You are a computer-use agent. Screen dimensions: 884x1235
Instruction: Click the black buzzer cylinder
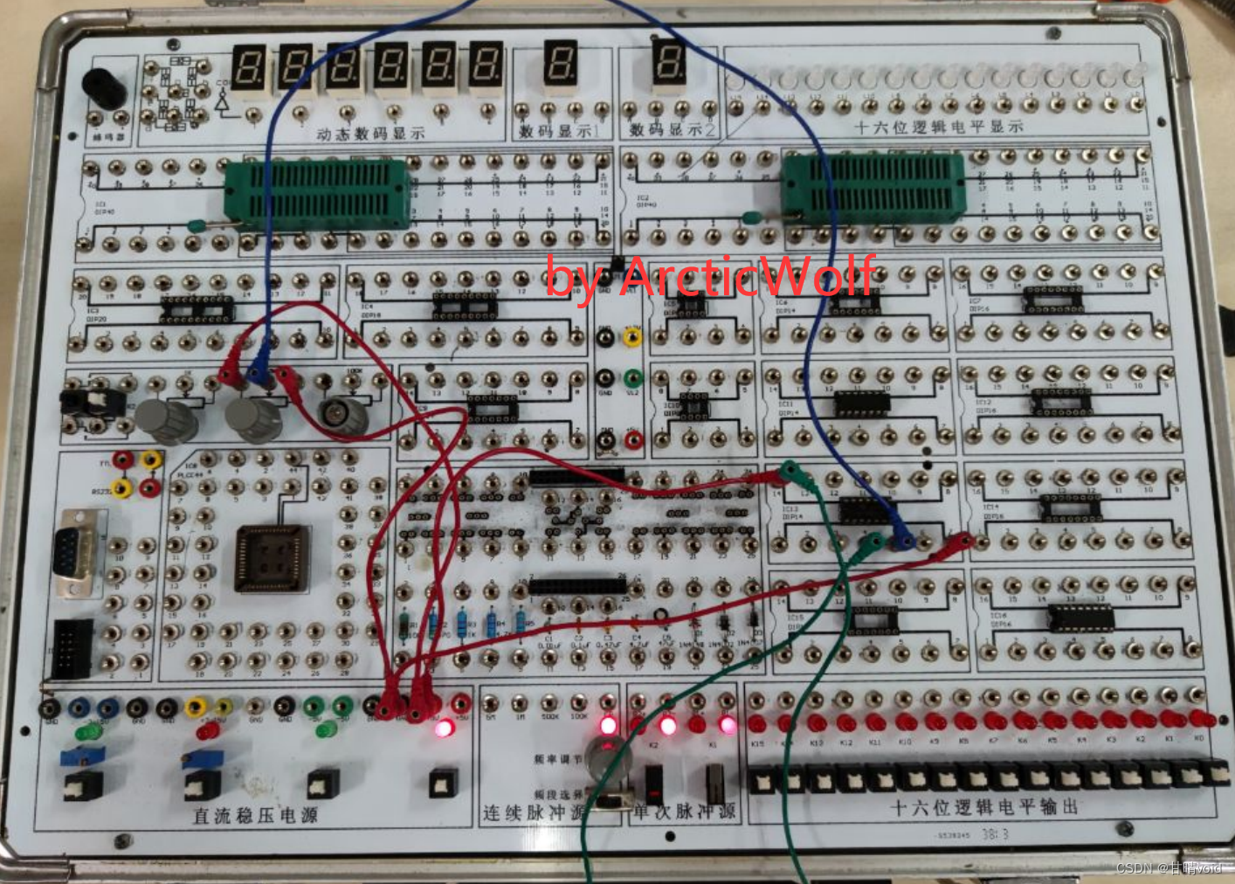pyautogui.click(x=104, y=87)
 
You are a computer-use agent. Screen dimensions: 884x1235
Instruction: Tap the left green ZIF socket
pyautogui.click(x=318, y=195)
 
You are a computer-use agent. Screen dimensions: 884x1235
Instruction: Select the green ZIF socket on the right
pyautogui.click(x=873, y=187)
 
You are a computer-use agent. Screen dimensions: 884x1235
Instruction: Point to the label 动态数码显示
pyautogui.click(x=370, y=134)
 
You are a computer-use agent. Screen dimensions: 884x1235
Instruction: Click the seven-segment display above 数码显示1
pyautogui.click(x=560, y=66)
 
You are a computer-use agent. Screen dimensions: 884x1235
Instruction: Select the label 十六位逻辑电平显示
pyautogui.click(x=938, y=127)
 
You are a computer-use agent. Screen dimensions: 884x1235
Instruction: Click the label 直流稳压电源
pyautogui.click(x=255, y=815)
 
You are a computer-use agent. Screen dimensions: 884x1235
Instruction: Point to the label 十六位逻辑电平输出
pyautogui.click(x=984, y=806)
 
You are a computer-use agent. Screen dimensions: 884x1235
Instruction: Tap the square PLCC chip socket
pyautogui.click(x=271, y=557)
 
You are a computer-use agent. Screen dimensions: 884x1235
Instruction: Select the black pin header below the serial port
pyautogui.click(x=72, y=649)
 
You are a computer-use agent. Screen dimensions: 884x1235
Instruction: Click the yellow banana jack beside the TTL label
pyautogui.click(x=151, y=459)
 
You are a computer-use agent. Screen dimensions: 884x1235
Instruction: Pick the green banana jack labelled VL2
pyautogui.click(x=632, y=378)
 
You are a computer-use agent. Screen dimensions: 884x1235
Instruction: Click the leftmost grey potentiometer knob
pyautogui.click(x=168, y=420)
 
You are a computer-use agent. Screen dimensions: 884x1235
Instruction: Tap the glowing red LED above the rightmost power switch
pyautogui.click(x=445, y=728)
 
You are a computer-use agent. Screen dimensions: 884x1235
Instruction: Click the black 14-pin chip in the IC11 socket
pyautogui.click(x=860, y=404)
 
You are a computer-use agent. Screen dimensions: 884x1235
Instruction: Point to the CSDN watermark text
pyautogui.click(x=1169, y=867)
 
